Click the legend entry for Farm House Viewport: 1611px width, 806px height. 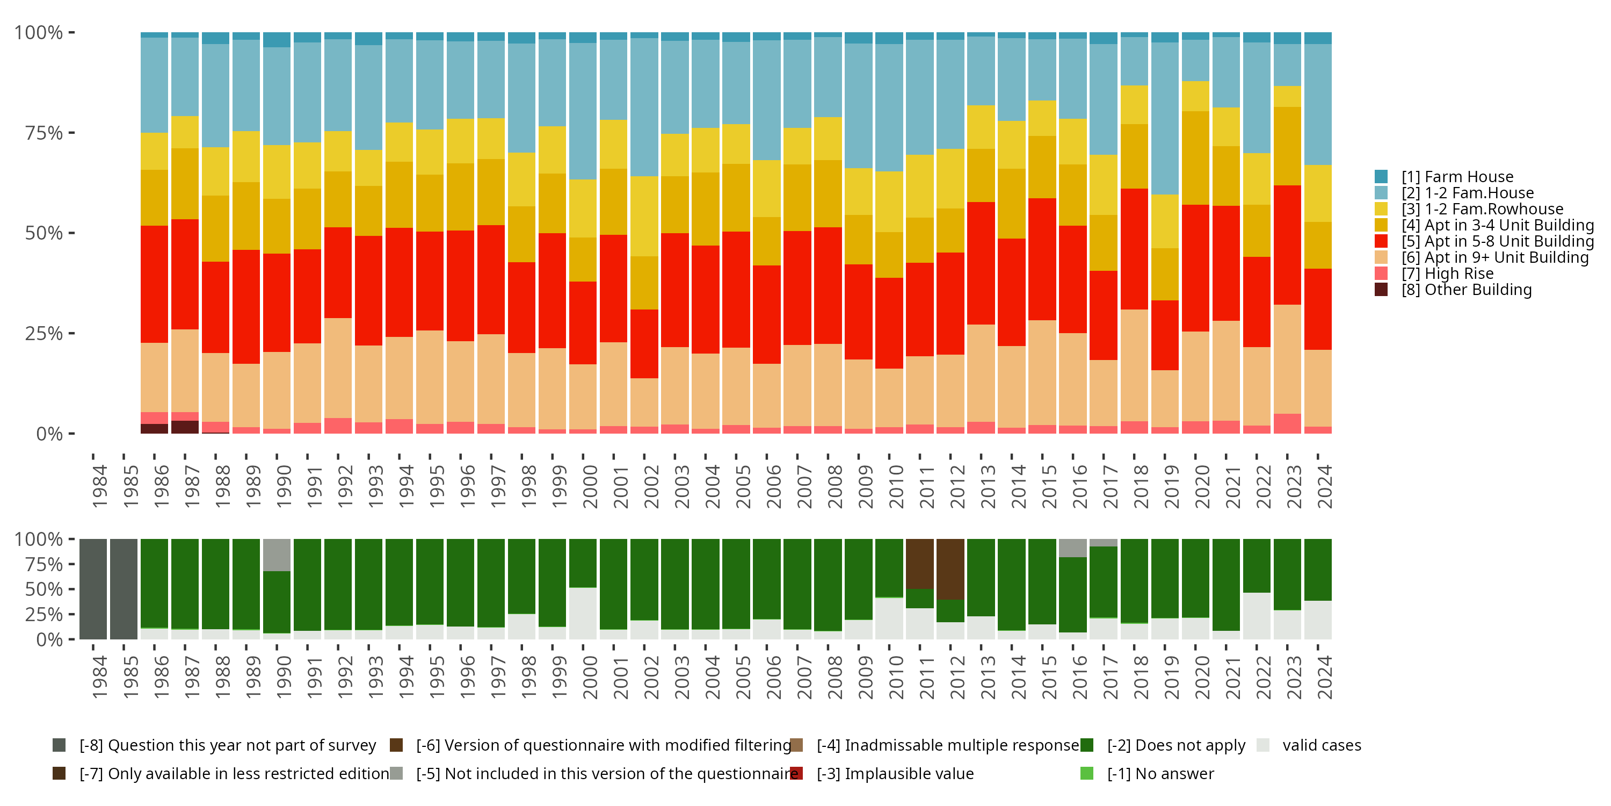(x=1457, y=177)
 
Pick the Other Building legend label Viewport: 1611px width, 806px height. (x=1467, y=290)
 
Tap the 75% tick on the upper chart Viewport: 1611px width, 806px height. (x=44, y=133)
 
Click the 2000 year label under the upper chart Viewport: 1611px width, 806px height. (x=590, y=487)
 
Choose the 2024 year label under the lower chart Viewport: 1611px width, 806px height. (x=1325, y=678)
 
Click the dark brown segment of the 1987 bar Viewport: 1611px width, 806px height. (x=185, y=427)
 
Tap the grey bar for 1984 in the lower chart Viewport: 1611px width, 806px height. (x=93, y=589)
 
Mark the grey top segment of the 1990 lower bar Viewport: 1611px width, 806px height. (x=277, y=555)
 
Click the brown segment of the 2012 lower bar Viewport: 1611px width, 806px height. (x=950, y=569)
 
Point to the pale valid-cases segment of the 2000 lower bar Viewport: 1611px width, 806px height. (x=583, y=613)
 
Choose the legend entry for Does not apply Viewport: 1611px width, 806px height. (x=1175, y=745)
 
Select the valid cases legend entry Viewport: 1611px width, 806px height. (x=1321, y=745)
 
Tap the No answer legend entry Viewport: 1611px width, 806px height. (x=1160, y=774)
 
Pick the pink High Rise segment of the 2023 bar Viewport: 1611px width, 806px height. (x=1287, y=423)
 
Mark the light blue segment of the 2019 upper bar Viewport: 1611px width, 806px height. (x=1164, y=119)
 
